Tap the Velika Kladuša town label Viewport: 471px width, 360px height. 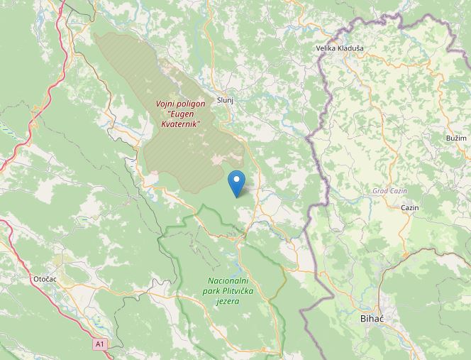(340, 48)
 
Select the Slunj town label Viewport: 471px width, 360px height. (226, 100)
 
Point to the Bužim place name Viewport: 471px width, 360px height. (456, 137)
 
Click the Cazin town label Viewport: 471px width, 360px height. (409, 207)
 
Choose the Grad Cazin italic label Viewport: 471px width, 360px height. (389, 191)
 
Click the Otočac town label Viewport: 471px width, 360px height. (45, 279)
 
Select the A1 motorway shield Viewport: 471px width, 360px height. (101, 344)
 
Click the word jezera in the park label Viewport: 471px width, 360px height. (227, 301)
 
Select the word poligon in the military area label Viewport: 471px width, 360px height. (192, 104)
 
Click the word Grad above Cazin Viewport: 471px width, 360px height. (381, 191)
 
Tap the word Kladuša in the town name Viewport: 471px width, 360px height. (351, 48)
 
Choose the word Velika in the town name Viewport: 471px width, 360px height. (326, 48)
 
